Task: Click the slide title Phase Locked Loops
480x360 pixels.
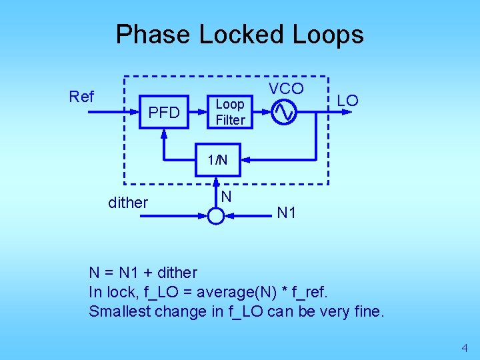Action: coord(239,34)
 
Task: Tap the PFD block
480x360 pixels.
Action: coord(164,113)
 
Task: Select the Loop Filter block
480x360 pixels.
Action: coord(230,112)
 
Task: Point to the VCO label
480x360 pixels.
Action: coord(286,89)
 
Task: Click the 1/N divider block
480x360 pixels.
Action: coord(217,160)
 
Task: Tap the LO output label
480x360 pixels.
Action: coord(347,101)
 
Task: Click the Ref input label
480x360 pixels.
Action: coord(81,97)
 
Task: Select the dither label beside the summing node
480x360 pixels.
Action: coord(128,203)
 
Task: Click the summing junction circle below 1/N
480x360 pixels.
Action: coord(216,215)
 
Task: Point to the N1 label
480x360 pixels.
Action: coord(287,213)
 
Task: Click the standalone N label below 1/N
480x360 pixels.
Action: coord(227,197)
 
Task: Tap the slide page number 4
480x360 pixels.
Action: coord(465,347)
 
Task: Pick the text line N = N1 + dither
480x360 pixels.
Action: coord(143,273)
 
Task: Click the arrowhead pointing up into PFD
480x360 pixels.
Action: coord(164,134)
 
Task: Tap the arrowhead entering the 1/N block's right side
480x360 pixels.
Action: coord(245,160)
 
